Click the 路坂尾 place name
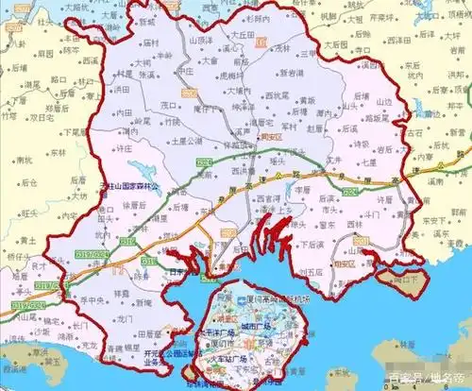click(380, 120)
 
